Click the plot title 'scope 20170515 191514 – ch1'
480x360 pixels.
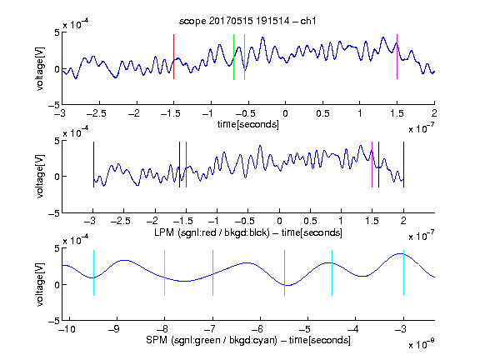pyautogui.click(x=247, y=21)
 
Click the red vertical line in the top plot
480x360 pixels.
pyautogui.click(x=174, y=57)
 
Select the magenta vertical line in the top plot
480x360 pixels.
pyautogui.click(x=397, y=57)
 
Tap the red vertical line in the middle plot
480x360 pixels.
pyautogui.click(x=186, y=164)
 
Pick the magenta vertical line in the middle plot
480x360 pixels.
pyautogui.click(x=372, y=164)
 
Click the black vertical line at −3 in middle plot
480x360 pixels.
pyautogui.click(x=93, y=164)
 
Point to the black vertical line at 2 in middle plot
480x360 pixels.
pyautogui.click(x=403, y=164)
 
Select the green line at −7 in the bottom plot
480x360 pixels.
pyautogui.click(x=212, y=272)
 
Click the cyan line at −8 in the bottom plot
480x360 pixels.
pyautogui.click(x=165, y=272)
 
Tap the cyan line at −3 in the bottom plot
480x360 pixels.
pyautogui.click(x=403, y=272)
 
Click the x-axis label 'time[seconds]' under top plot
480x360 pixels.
pyautogui.click(x=248, y=124)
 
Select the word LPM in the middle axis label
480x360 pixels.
pyautogui.click(x=164, y=232)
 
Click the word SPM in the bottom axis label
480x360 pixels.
pyautogui.click(x=157, y=340)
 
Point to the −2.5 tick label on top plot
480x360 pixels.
pyautogui.click(x=96, y=113)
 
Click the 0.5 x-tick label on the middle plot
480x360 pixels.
pyautogui.click(x=310, y=221)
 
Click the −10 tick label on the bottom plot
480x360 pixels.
pyautogui.click(x=67, y=329)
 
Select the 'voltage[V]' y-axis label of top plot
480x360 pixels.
pyautogui.click(x=40, y=68)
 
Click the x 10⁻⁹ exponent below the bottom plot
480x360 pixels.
pyautogui.click(x=421, y=345)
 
